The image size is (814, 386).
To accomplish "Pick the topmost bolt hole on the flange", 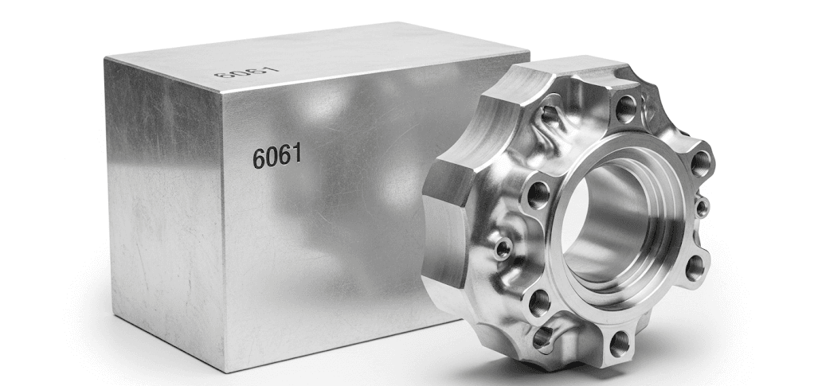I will tap(626, 105).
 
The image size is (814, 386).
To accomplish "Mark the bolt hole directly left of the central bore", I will tap(538, 194).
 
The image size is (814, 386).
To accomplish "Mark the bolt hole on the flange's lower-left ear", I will tap(539, 302).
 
